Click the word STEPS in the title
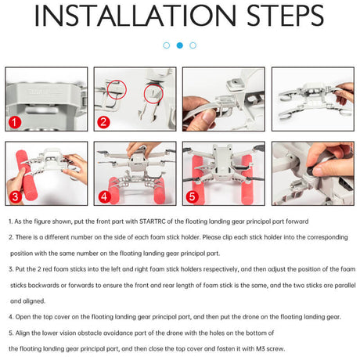pyautogui.click(x=285, y=16)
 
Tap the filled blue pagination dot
pyautogui.click(x=180, y=45)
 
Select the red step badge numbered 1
pyautogui.click(x=15, y=122)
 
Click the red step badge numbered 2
pyautogui.click(x=103, y=122)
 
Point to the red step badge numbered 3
pyautogui.click(x=15, y=196)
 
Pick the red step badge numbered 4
pyautogui.click(x=104, y=196)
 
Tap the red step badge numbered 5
pyautogui.click(x=193, y=196)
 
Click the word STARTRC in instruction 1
pyautogui.click(x=153, y=221)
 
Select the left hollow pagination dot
pyautogui.click(x=167, y=45)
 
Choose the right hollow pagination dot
pyautogui.click(x=193, y=45)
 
